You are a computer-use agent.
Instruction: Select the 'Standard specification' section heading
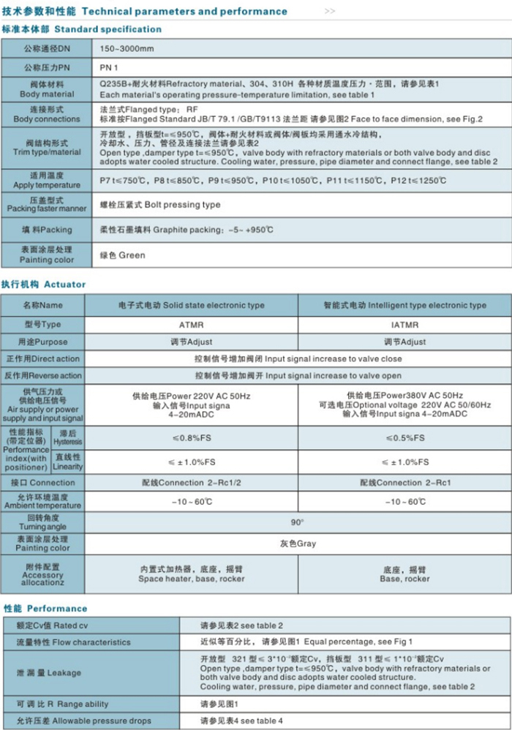[x=108, y=29]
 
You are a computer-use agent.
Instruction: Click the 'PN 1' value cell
[x=110, y=67]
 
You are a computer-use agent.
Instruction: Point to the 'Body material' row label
[x=47, y=94]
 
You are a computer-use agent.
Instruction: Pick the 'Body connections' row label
[x=47, y=119]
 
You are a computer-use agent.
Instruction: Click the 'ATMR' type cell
[x=191, y=324]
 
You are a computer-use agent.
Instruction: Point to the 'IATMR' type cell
[x=404, y=324]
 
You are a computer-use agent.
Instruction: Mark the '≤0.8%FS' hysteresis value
[x=191, y=438]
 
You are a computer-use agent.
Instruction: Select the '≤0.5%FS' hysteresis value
[x=404, y=438]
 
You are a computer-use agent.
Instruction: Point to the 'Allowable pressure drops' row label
[x=99, y=721]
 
